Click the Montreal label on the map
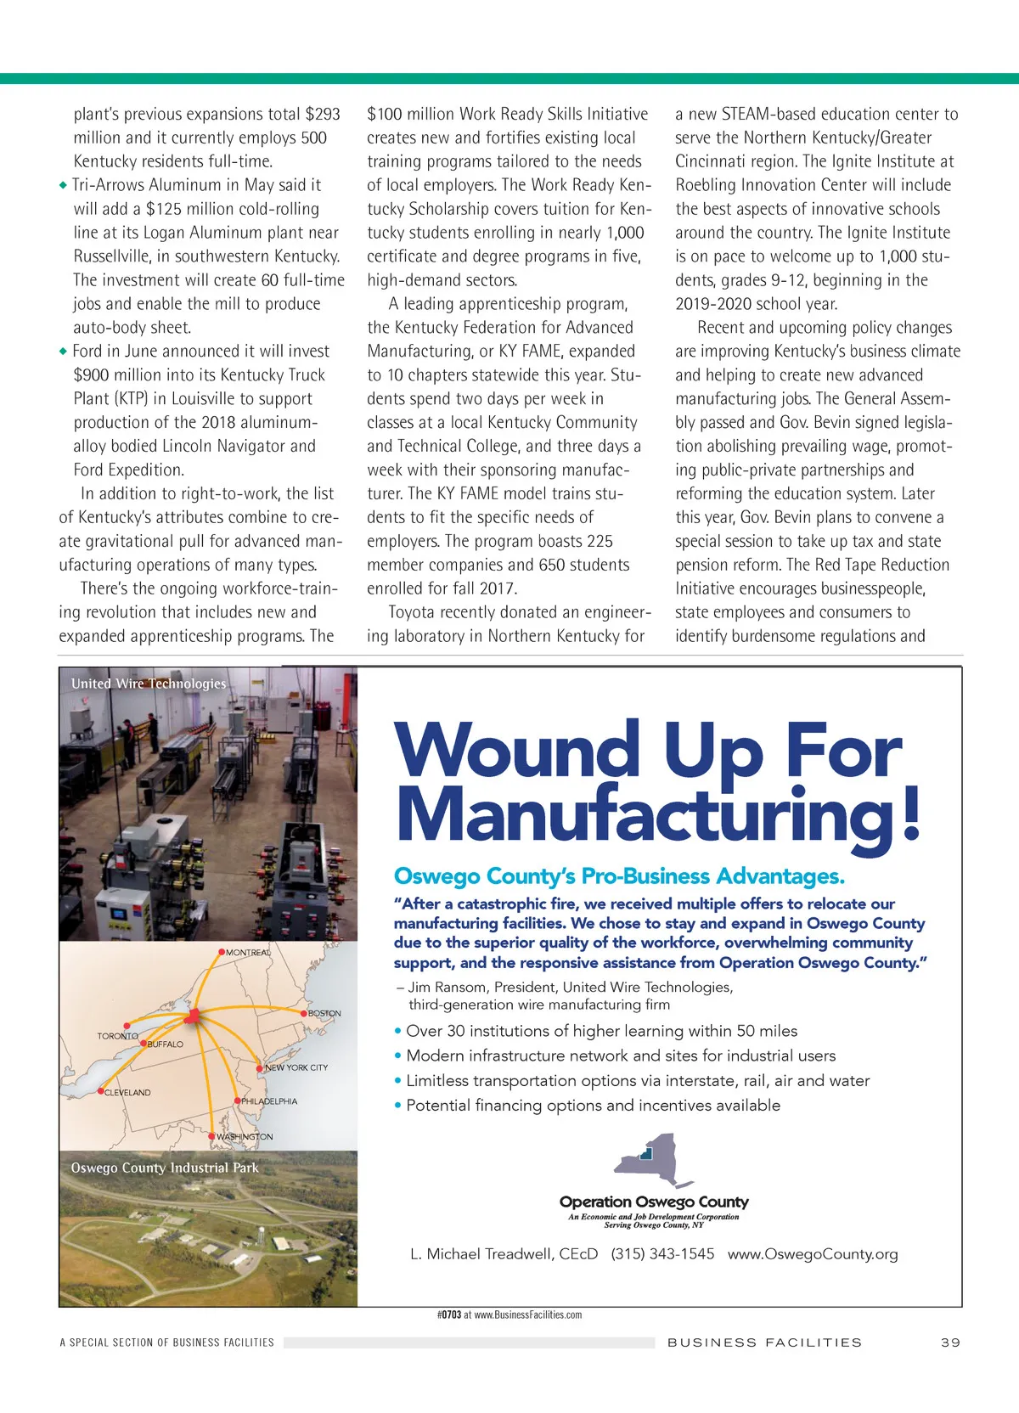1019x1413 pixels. tap(248, 953)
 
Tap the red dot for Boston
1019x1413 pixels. tap(304, 1013)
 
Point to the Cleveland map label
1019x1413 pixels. tap(127, 1093)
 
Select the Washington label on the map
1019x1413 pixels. tap(245, 1137)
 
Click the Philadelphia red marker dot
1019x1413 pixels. tap(237, 1101)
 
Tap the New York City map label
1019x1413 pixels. tap(296, 1067)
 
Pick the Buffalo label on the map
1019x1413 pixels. tap(165, 1044)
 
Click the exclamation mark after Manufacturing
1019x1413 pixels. tap(911, 813)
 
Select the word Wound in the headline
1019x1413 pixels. tap(517, 750)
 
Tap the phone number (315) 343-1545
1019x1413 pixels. tap(662, 1254)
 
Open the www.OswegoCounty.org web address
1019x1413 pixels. tap(813, 1254)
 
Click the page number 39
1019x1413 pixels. tap(950, 1343)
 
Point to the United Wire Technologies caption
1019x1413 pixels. tap(149, 684)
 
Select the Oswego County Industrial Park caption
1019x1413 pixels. tap(165, 1168)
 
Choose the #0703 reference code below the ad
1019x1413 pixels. tap(449, 1314)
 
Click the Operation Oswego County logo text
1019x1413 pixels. tap(654, 1202)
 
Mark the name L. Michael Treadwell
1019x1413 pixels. tap(504, 1254)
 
